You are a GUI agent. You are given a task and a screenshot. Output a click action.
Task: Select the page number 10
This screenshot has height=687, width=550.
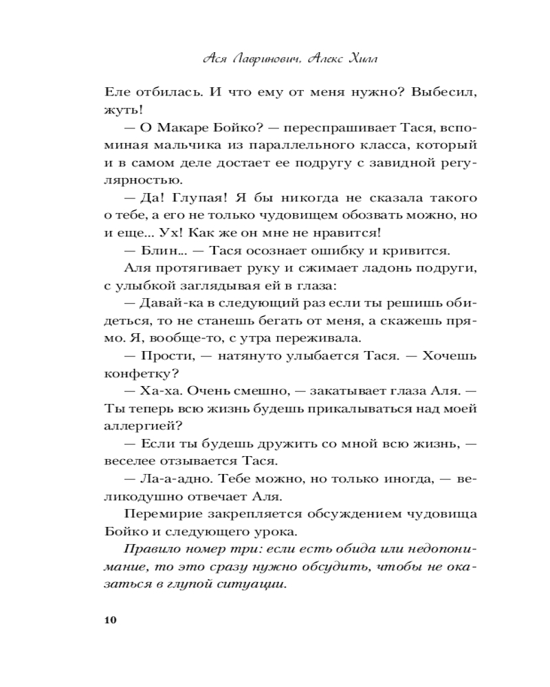pos(111,620)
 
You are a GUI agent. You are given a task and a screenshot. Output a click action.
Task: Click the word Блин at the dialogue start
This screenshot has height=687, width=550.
pos(155,252)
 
